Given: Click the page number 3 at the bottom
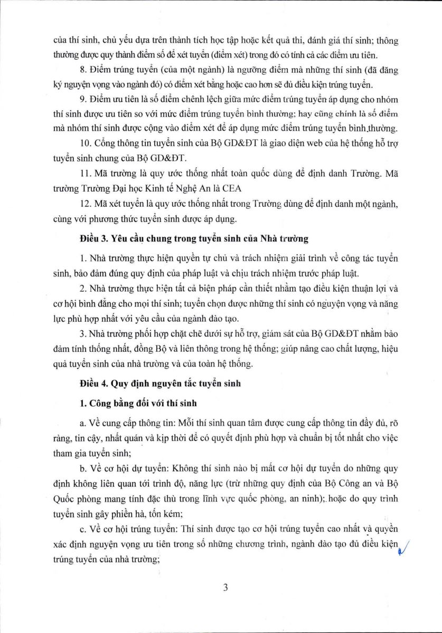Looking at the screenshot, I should tap(225, 588).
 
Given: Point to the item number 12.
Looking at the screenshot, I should tap(83, 216).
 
